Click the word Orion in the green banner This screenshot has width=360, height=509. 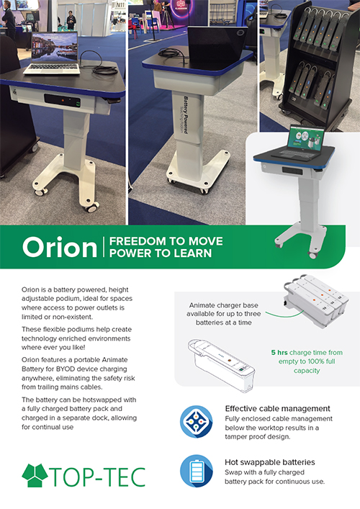60,248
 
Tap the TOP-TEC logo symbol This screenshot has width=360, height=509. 35,475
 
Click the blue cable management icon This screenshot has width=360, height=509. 197,422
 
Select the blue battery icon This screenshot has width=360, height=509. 197,471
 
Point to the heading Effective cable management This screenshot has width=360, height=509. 277,408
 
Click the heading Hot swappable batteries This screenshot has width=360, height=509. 270,462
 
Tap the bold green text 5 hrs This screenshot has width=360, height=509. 279,353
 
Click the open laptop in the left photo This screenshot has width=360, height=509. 53,53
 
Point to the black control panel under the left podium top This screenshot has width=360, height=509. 63,101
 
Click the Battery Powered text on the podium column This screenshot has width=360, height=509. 186,114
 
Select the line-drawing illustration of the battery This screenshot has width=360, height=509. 221,364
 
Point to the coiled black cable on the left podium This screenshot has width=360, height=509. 99,64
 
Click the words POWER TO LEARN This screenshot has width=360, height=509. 161,253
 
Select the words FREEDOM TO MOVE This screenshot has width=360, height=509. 166,241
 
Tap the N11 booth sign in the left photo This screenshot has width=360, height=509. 120,5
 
